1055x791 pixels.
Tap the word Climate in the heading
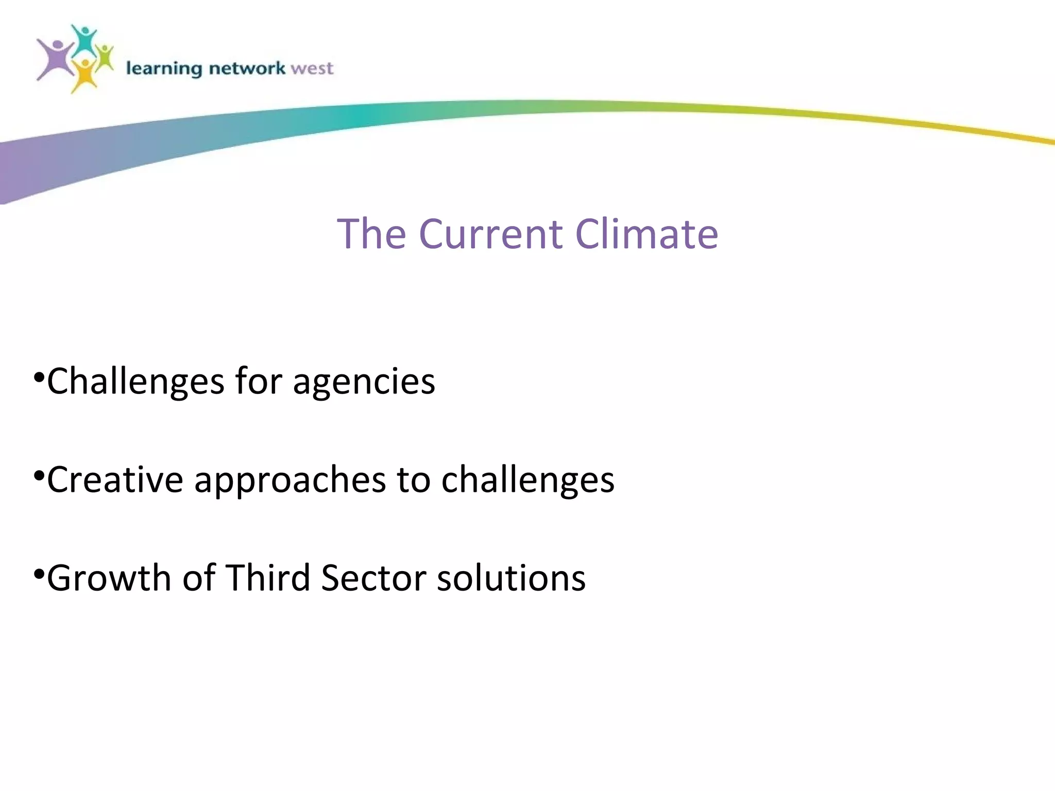coord(646,234)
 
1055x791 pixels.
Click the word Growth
coord(109,578)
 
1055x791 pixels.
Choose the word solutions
coord(511,578)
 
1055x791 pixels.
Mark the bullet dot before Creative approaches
coord(38,476)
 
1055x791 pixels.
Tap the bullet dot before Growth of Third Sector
coord(38,574)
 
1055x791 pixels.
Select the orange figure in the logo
coord(84,75)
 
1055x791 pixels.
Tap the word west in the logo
coord(312,68)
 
